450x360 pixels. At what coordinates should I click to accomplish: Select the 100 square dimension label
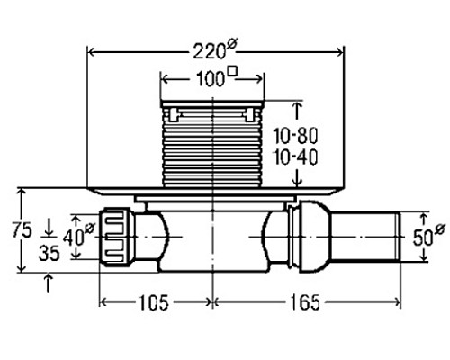pos(217,77)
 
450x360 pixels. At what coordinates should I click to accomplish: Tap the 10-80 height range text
pos(295,136)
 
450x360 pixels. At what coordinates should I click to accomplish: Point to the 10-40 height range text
pos(295,157)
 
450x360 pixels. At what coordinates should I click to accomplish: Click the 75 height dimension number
pos(22,230)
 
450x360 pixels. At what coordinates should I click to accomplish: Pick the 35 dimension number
pos(49,253)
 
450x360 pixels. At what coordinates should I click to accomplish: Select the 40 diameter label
pos(78,236)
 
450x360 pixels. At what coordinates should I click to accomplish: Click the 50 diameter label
pos(429,236)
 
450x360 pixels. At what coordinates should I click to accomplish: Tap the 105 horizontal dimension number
pos(153,302)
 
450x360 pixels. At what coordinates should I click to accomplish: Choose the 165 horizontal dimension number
pos(305,302)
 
